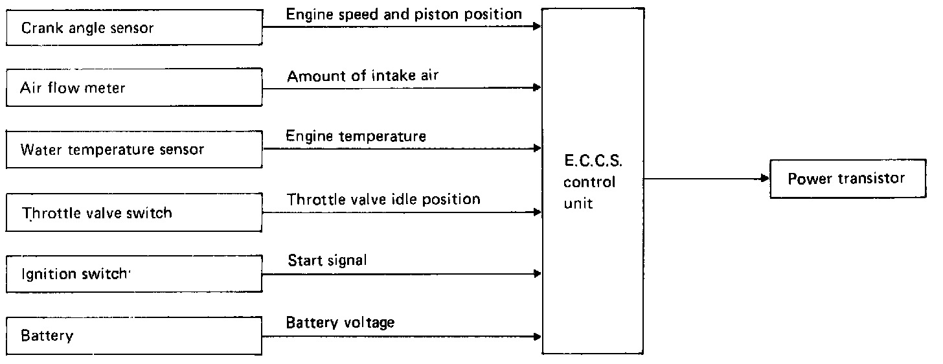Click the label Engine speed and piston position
click(404, 13)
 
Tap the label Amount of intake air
click(363, 76)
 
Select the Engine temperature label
click(356, 136)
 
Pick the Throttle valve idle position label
click(383, 199)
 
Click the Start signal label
click(327, 261)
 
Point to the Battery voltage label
click(341, 322)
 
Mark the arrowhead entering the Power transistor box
click(765, 179)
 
